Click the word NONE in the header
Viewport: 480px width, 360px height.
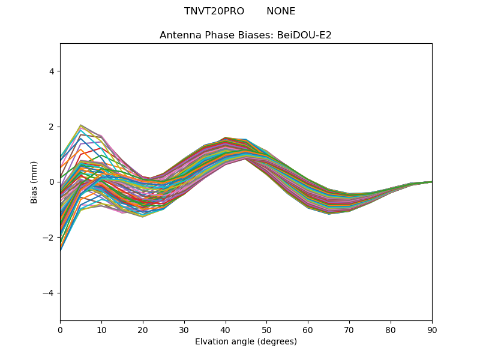(x=281, y=11)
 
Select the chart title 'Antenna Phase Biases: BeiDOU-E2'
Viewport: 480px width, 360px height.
(x=245, y=35)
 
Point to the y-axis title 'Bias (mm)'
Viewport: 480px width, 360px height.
(x=35, y=182)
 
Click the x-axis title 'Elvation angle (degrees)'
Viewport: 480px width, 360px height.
(x=245, y=341)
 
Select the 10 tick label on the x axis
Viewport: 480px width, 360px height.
(x=101, y=329)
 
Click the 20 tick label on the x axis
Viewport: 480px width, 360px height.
(x=143, y=329)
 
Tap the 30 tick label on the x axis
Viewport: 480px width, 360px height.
(x=184, y=329)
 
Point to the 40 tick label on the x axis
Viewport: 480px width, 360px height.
(x=226, y=329)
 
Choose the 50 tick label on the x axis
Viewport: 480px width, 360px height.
(x=266, y=329)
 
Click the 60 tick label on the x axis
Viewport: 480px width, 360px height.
(x=308, y=329)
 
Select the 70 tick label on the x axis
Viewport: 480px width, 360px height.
(x=349, y=329)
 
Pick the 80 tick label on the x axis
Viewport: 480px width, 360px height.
(x=391, y=329)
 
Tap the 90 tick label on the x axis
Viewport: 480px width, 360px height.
(x=432, y=329)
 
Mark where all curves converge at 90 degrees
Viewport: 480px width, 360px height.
(x=431, y=181)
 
